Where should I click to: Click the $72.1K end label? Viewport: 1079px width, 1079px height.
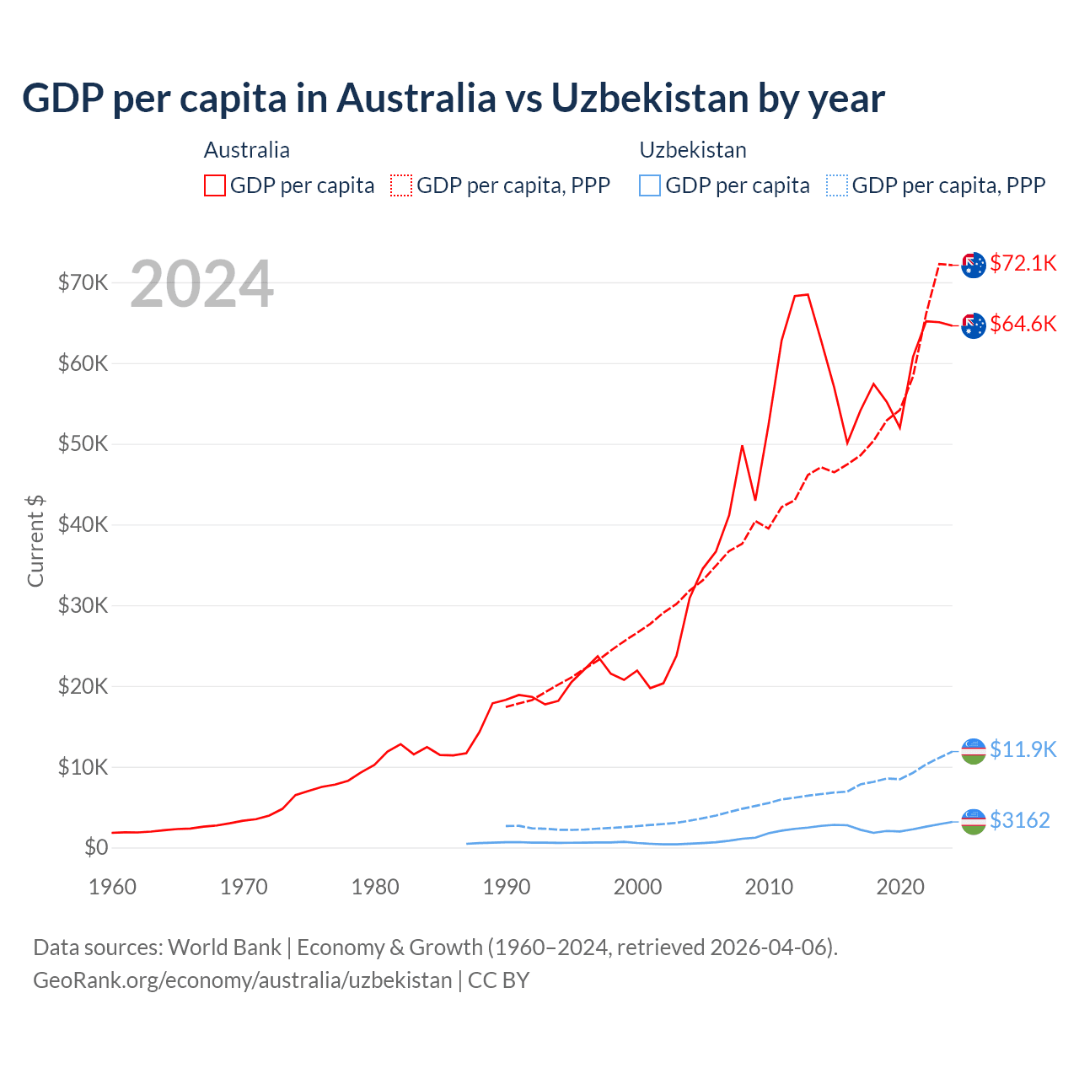point(1023,263)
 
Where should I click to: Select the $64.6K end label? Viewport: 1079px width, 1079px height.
point(1023,324)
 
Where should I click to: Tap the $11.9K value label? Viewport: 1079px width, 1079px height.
point(1023,749)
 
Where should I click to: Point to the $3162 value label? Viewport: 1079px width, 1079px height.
point(1019,820)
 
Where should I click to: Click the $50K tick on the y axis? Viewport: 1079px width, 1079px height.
point(83,444)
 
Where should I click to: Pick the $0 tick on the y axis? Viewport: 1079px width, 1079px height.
point(95,847)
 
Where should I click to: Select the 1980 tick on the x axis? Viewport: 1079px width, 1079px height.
point(375,887)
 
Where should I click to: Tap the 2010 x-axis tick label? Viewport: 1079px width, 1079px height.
point(769,887)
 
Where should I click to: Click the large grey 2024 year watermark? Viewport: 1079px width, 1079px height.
point(201,284)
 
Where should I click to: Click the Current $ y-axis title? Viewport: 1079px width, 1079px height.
point(35,541)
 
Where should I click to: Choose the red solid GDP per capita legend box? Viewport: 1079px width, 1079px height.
point(215,185)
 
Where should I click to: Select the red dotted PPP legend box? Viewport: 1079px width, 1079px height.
point(401,185)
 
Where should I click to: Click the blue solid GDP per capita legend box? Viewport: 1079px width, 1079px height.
point(650,185)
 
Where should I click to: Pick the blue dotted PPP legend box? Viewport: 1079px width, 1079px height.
point(837,185)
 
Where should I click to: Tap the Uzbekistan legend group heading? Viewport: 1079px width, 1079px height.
point(693,150)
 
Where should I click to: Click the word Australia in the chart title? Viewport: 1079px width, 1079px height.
point(416,98)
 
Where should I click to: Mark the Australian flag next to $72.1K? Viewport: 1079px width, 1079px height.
point(973,265)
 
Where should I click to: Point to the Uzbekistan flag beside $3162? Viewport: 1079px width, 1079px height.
point(973,821)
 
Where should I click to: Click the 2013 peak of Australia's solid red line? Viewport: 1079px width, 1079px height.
point(807,294)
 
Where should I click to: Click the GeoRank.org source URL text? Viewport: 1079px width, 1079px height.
point(243,980)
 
